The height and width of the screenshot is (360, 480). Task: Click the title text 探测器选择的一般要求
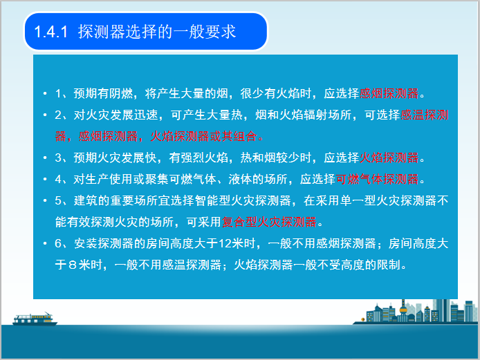coord(157,32)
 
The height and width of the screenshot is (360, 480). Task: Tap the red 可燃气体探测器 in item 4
coord(378,179)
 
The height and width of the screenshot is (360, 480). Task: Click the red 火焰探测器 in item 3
coord(389,158)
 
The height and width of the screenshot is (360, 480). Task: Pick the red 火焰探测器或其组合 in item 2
coord(201,136)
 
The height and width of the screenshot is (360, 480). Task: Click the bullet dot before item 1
coord(44,93)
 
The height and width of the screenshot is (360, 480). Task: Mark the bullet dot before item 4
coord(44,179)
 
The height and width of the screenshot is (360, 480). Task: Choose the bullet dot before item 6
coord(44,243)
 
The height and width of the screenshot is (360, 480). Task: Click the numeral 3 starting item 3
coord(58,158)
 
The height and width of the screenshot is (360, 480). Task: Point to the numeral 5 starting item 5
coord(58,200)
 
